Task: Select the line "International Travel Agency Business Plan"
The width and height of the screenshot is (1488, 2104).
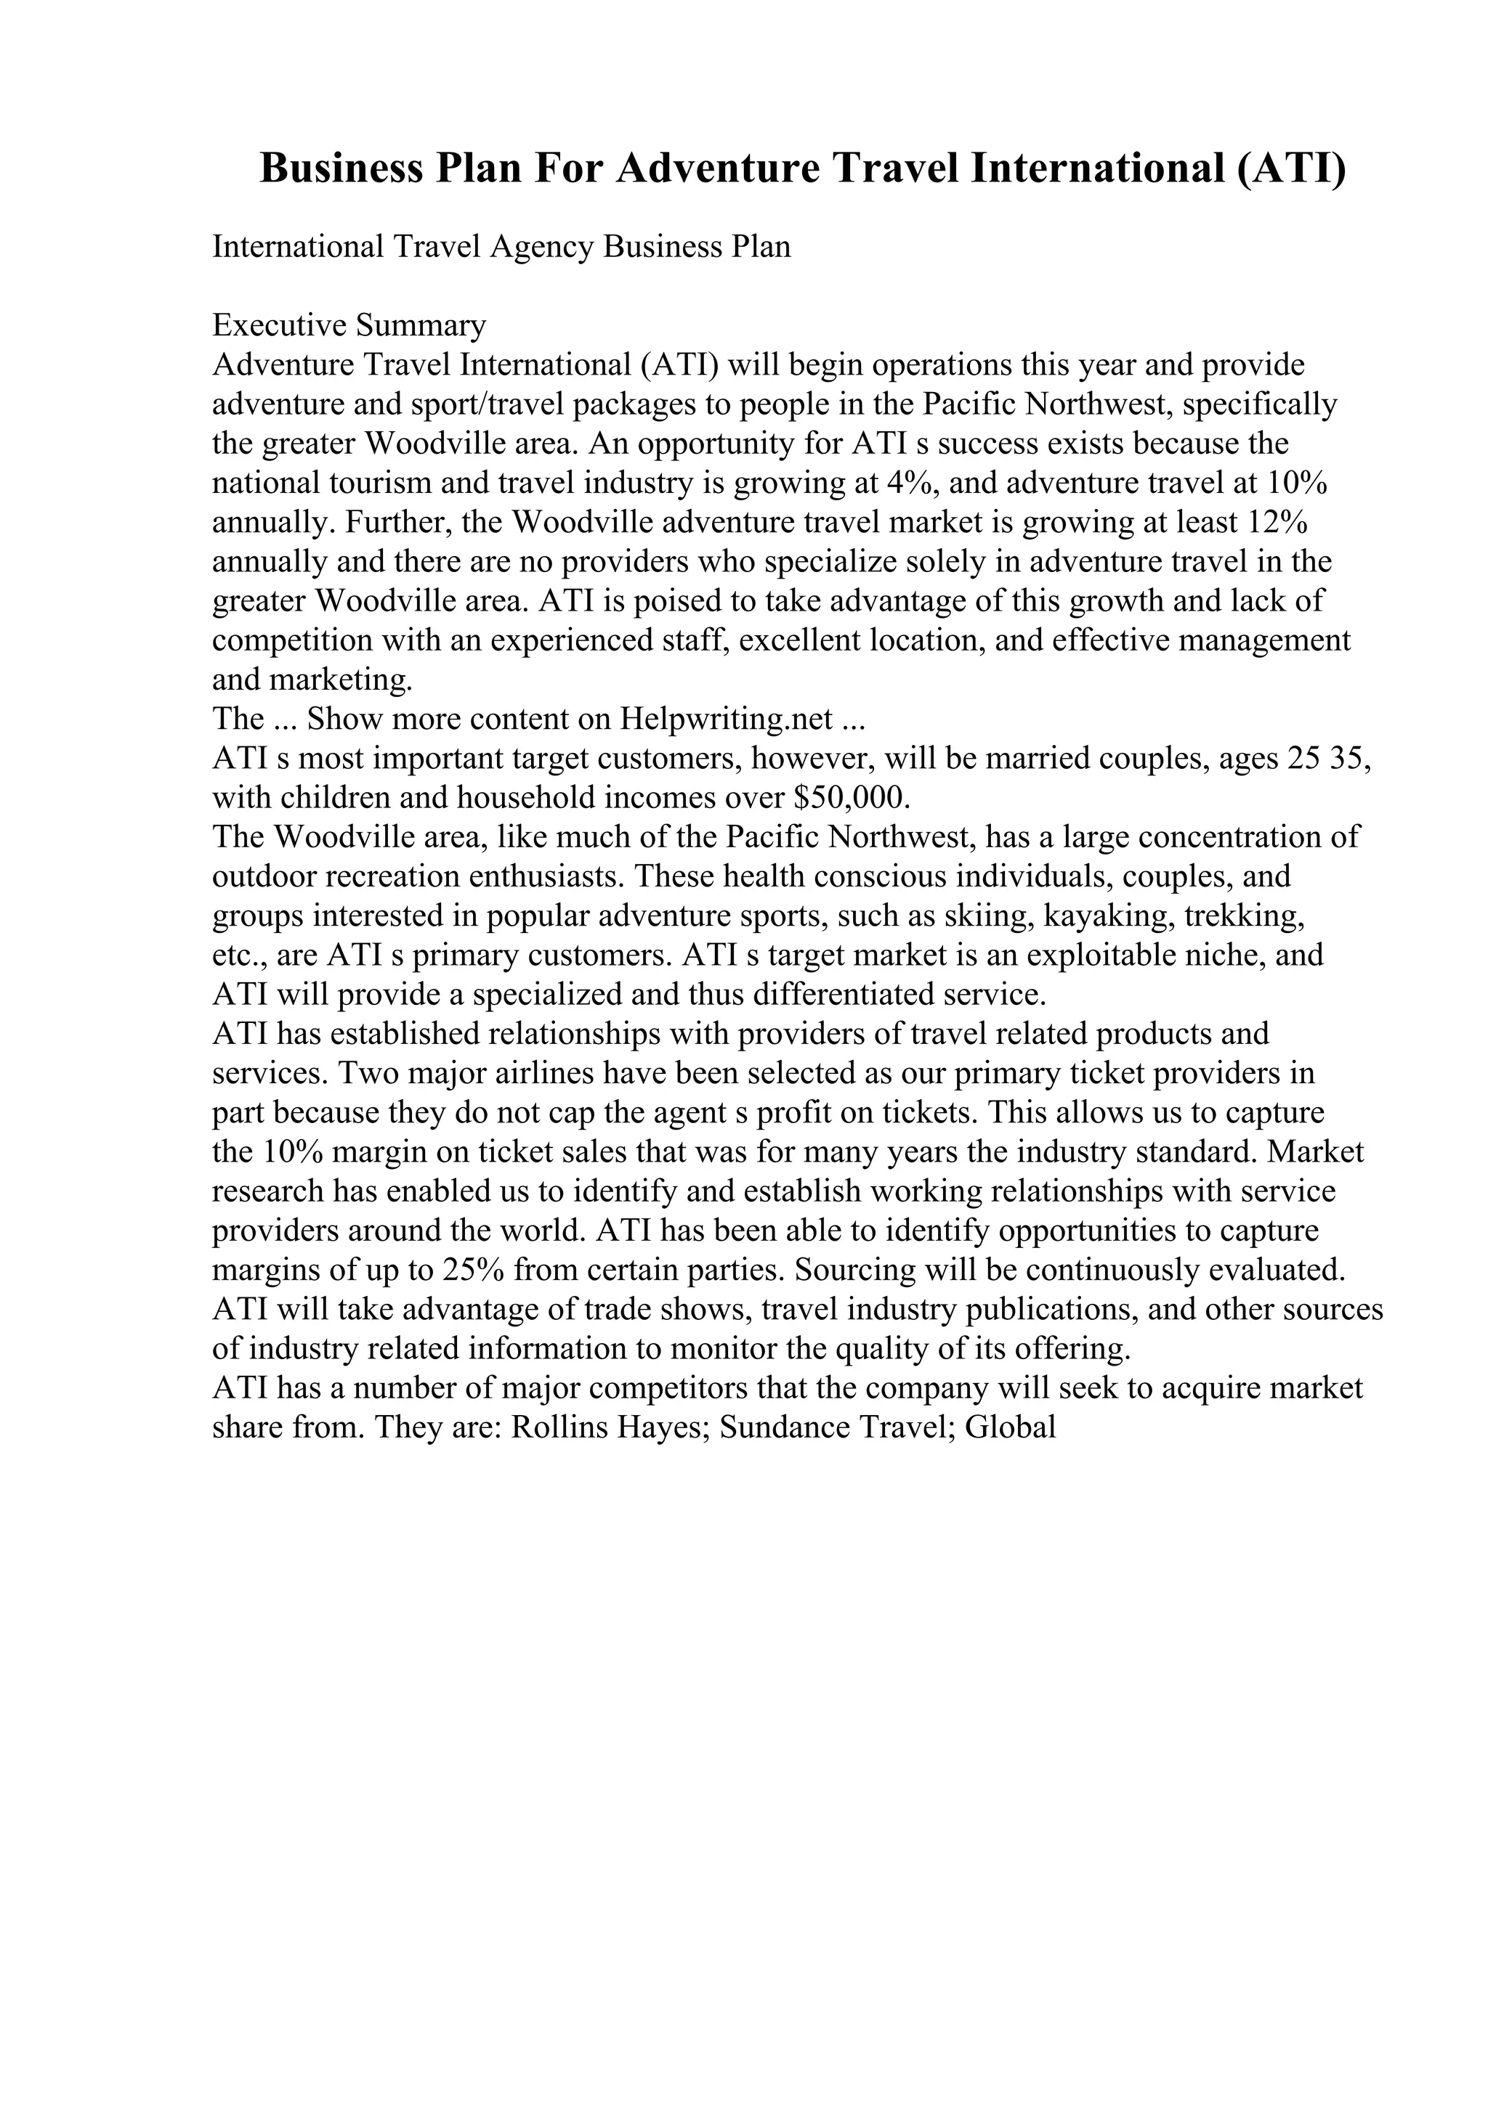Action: tap(501, 248)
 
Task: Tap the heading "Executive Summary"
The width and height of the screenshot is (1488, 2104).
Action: tap(349, 325)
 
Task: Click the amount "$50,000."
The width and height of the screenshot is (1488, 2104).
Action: tap(851, 798)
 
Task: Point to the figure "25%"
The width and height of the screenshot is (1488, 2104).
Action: tap(473, 1270)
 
